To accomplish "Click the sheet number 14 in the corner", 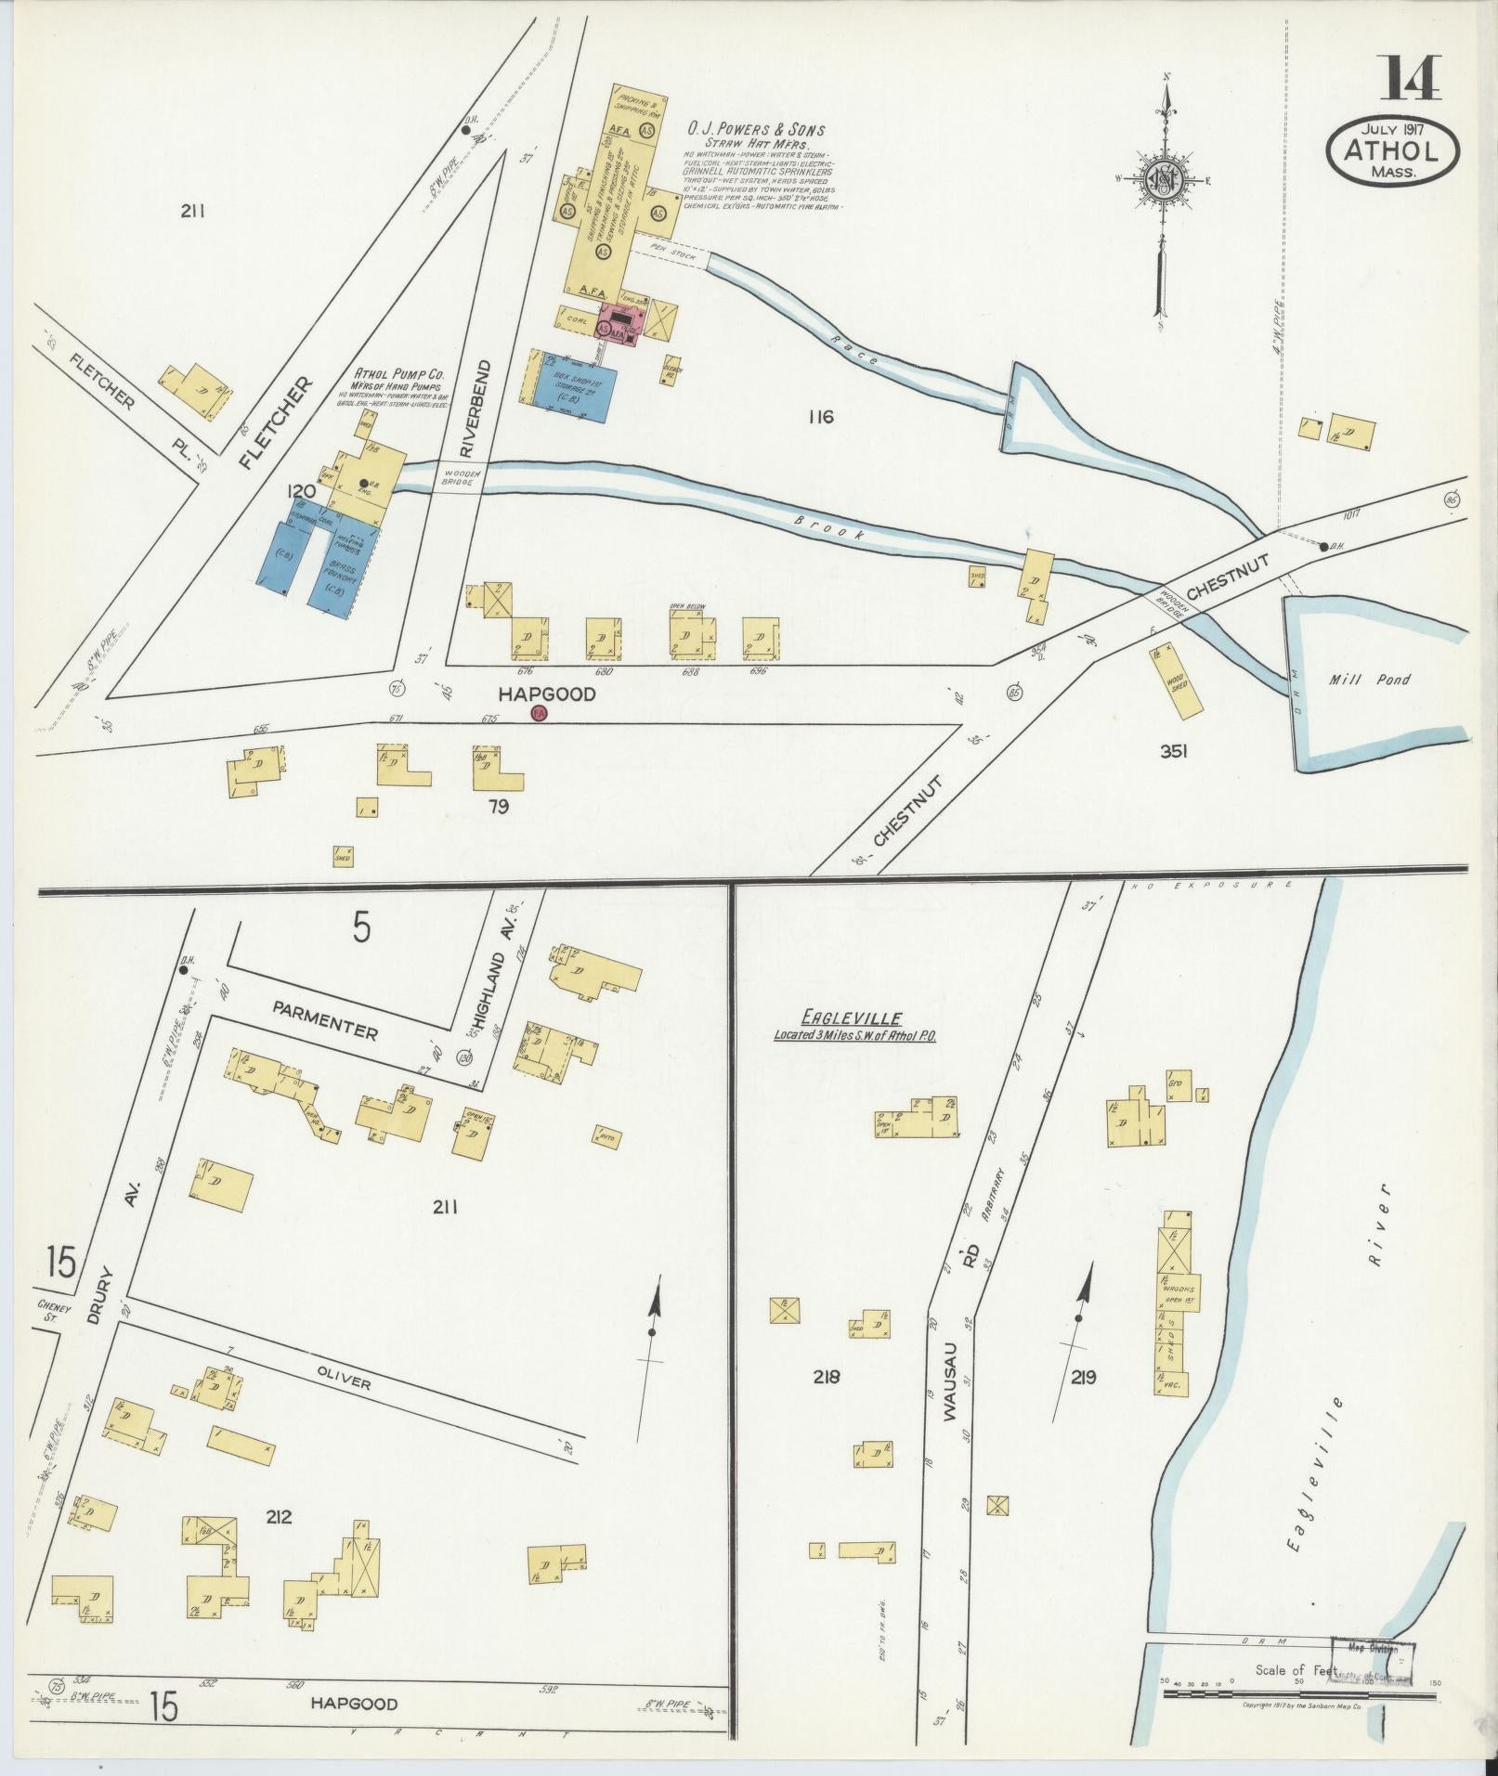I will [1413, 79].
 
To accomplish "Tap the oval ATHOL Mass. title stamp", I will [1393, 150].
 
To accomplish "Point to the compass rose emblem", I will [1164, 179].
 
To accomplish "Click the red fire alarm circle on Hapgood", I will [537, 713].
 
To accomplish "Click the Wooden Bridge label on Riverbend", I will [462, 477].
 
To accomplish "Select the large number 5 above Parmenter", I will [361, 927].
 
